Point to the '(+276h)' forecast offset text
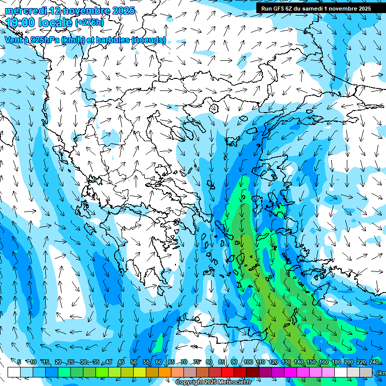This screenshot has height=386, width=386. coord(89,23)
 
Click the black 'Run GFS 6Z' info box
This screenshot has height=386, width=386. coord(316,9)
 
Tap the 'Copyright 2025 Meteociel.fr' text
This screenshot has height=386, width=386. coord(214,382)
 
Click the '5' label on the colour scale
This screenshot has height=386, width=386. coord(19,362)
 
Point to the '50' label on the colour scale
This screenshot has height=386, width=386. coord(134,362)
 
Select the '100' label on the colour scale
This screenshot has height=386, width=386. coord(248,362)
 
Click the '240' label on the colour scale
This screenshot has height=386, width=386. coord(373,362)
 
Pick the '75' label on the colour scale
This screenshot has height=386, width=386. coord(197,362)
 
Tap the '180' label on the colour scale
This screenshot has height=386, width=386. coord(336,362)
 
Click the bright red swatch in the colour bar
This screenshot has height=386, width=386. coord(228,372)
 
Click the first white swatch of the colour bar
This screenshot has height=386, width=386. coord(14,372)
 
